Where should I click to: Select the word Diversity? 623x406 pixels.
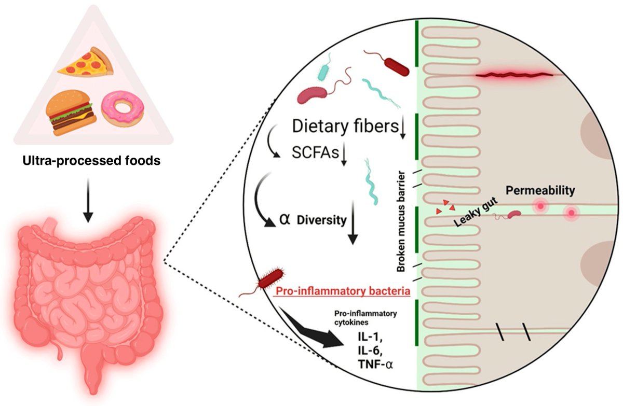321,220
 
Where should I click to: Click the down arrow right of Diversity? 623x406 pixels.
353,223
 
